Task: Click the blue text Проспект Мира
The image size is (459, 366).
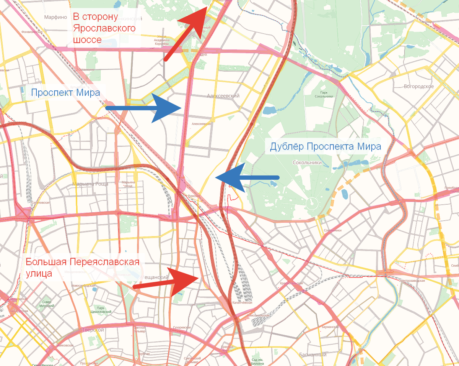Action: point(65,92)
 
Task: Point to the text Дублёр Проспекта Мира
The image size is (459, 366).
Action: point(325,146)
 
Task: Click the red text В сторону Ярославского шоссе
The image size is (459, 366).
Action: point(104,29)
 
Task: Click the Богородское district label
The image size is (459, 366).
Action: point(419,86)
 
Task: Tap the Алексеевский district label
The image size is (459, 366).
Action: point(223,96)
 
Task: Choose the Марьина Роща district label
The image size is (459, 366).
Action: point(90,184)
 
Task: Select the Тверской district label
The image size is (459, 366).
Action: point(93,330)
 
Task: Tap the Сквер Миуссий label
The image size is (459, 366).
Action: point(46,304)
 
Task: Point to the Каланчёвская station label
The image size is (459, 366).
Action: point(243,303)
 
